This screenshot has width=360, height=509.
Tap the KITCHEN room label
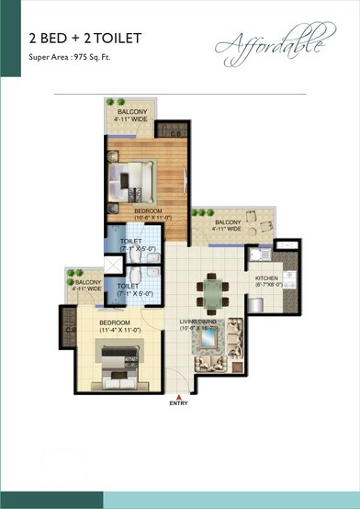click(x=266, y=277)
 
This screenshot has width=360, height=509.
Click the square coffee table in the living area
click(x=219, y=345)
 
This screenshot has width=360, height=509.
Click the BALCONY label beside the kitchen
click(x=229, y=223)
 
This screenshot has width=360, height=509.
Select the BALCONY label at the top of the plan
click(x=130, y=112)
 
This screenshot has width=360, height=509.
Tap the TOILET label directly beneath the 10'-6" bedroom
click(x=130, y=241)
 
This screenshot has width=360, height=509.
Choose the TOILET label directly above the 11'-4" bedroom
click(x=128, y=286)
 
